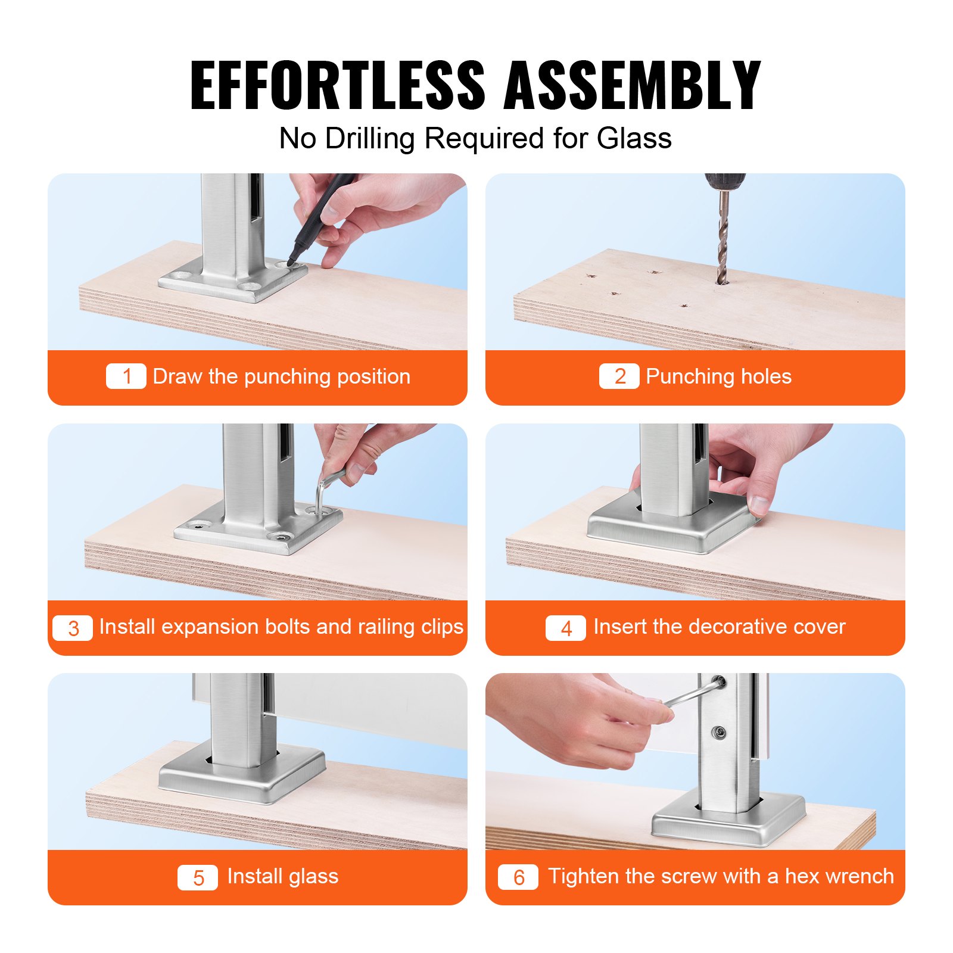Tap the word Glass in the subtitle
[634, 138]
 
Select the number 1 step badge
[126, 376]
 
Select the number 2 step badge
[619, 376]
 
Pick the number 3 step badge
[73, 628]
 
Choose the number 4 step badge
[566, 628]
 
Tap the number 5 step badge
[198, 877]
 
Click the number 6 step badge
[518, 877]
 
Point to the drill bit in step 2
[723, 238]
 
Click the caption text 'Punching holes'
[718, 376]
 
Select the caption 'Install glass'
[282, 876]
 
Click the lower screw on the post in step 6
[720, 732]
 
